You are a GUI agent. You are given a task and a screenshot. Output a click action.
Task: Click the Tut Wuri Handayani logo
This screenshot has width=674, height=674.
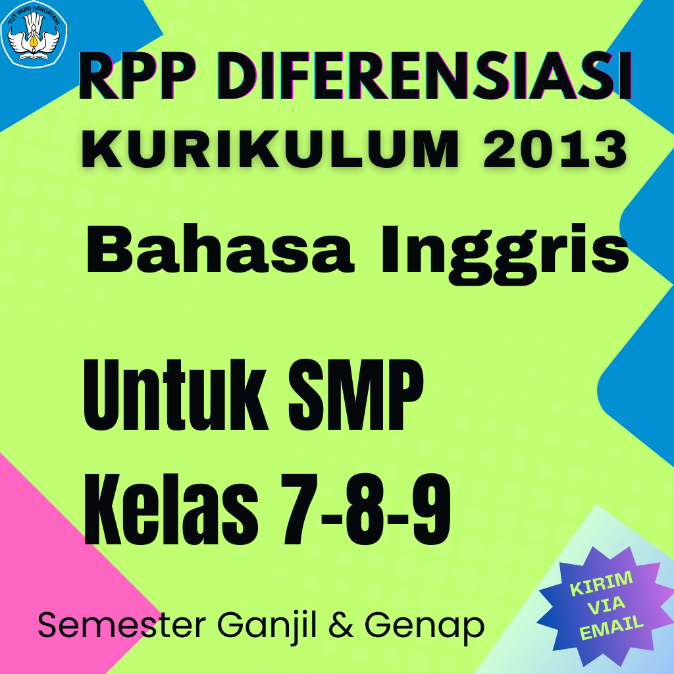pyautogui.click(x=34, y=34)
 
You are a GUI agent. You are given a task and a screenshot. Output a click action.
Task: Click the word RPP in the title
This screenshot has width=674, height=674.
pyautogui.click(x=137, y=76)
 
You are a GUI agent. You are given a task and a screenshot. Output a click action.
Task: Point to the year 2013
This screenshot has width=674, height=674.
pyautogui.click(x=555, y=149)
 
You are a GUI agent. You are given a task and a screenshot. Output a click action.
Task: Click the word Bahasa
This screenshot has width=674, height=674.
pyautogui.click(x=220, y=249)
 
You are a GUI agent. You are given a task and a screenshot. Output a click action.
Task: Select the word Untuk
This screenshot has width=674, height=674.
pyautogui.click(x=176, y=395)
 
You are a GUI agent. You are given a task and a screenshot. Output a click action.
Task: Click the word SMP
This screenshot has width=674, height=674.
pyautogui.click(x=356, y=395)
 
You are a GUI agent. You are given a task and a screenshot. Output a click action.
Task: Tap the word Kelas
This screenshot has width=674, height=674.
pyautogui.click(x=171, y=509)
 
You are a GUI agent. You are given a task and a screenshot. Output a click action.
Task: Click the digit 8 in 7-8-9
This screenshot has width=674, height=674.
pyautogui.click(x=365, y=509)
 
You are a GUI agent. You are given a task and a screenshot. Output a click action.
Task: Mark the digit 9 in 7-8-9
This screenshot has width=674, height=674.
pyautogui.click(x=431, y=509)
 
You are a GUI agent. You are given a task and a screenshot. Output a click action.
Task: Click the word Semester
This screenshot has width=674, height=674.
pyautogui.click(x=122, y=625)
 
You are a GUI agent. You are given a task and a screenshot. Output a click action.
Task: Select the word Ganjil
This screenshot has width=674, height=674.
pyautogui.click(x=267, y=627)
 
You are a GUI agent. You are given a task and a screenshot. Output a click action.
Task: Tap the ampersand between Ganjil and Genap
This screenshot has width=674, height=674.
pyautogui.click(x=341, y=625)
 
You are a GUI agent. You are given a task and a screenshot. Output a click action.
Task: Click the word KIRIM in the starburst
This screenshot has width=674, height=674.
pyautogui.click(x=601, y=583)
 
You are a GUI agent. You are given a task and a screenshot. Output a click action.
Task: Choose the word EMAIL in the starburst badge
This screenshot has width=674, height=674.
pyautogui.click(x=611, y=627)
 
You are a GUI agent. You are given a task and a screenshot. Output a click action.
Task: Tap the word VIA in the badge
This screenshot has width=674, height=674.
pyautogui.click(x=606, y=605)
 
